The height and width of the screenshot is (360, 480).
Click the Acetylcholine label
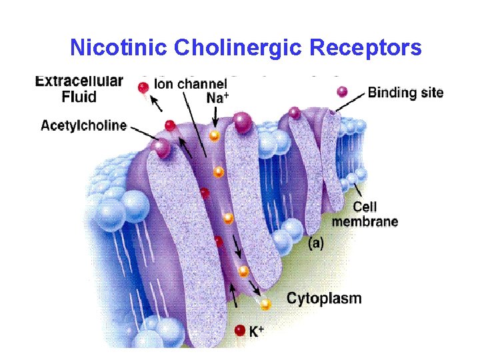pyautogui.click(x=83, y=125)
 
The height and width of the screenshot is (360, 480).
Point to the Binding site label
pyautogui.click(x=405, y=93)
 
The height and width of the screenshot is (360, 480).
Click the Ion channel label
pyautogui.click(x=191, y=85)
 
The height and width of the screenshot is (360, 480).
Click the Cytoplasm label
pyautogui.click(x=324, y=298)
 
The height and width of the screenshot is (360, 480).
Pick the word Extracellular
pyautogui.click(x=79, y=81)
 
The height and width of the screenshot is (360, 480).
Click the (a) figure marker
pyautogui.click(x=316, y=243)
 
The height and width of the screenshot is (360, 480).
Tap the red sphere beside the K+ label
pyautogui.click(x=241, y=330)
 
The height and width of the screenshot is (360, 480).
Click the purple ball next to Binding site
pyautogui.click(x=343, y=92)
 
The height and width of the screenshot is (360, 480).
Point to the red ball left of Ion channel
pyautogui.click(x=143, y=87)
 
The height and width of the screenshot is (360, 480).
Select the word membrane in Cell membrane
pyautogui.click(x=365, y=221)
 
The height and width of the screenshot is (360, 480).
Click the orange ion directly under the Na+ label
pyautogui.click(x=215, y=135)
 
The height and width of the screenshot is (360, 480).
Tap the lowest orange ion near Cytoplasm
pyautogui.click(x=265, y=305)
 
